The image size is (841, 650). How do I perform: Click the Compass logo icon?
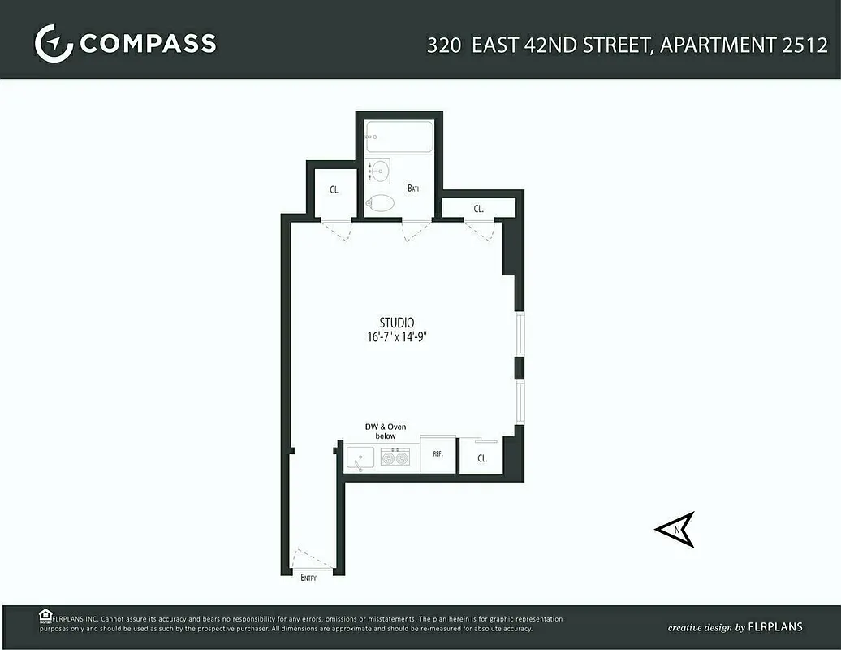click(x=54, y=43)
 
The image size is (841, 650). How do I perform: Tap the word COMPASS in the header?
click(x=148, y=43)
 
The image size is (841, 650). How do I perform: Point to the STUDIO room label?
click(x=396, y=323)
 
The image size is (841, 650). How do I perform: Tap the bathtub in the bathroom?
click(x=399, y=137)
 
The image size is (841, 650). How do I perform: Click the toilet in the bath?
click(x=379, y=203)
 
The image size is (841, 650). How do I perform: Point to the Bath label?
click(x=414, y=188)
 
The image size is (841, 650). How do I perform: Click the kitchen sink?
click(x=360, y=459)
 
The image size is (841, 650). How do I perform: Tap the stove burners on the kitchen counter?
click(x=395, y=458)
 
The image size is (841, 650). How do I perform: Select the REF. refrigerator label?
click(x=438, y=454)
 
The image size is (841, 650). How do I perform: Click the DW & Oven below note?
click(x=386, y=431)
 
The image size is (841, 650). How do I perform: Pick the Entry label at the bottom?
click(x=308, y=578)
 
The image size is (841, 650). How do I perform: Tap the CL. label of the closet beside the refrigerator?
click(x=482, y=458)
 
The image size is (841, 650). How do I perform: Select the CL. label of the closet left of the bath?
click(x=334, y=190)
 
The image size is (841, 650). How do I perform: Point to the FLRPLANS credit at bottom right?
click(x=774, y=627)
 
